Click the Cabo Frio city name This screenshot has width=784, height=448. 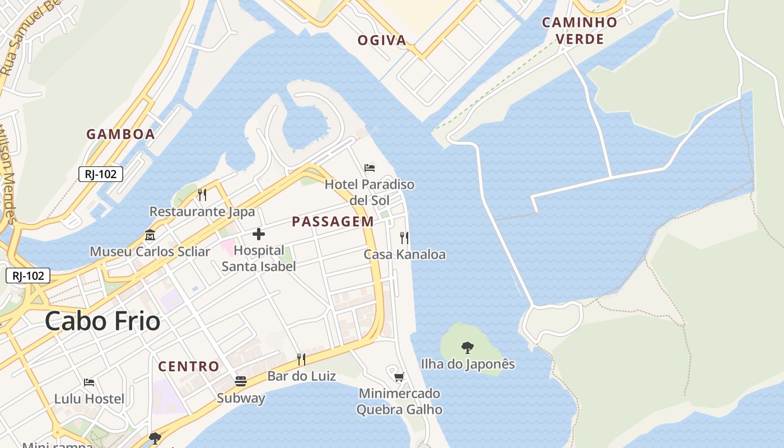pos(102,321)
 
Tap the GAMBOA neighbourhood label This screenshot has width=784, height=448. pos(120,134)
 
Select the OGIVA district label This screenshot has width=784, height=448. pos(382,40)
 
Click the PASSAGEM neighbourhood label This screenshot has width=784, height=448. pos(333,222)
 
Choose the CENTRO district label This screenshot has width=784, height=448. pos(189,367)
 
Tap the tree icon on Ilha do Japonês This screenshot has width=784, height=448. pos(468,347)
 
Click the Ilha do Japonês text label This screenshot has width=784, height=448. pos(468,364)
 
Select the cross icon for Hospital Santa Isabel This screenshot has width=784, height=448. pos(259,234)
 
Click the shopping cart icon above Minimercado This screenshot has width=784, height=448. pos(399,377)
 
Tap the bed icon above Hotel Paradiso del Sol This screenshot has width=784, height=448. pos(370,168)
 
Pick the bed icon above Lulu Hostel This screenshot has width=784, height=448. pos(89,382)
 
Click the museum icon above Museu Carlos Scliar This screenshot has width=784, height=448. pos(150,235)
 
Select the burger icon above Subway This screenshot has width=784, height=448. pos(241,382)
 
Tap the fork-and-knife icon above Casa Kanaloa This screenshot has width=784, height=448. pos(404,238)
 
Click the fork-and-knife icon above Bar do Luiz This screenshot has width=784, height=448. pos(301,359)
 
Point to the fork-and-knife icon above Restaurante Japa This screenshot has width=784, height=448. pos(202,195)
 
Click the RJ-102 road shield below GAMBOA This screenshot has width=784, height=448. pos(101,174)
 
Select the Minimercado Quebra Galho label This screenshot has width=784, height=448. pos(399,402)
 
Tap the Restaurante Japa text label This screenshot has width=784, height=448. pos(202,212)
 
